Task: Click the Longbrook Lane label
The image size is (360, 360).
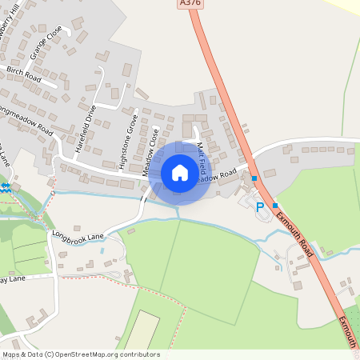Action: click(78, 236)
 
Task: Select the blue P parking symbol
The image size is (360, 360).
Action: click(259, 206)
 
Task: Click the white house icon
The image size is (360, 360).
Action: click(180, 172)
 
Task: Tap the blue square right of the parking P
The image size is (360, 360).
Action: click(275, 205)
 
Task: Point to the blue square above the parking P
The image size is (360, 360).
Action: click(254, 178)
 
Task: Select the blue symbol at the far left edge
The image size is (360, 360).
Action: click(5, 186)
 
